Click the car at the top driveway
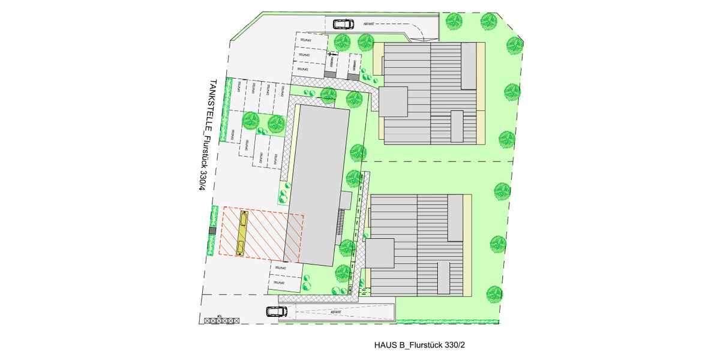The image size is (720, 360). click(344, 25)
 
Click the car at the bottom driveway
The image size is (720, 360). click(276, 312)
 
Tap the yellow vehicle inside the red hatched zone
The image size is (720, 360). click(242, 233)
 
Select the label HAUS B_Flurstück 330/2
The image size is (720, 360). click(421, 345)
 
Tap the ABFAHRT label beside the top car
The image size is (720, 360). click(370, 25)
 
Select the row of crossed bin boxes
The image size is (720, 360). click(221, 321)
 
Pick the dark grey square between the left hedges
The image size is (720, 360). click(212, 231)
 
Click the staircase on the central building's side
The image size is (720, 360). click(342, 223)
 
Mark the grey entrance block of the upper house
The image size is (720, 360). click(394, 100)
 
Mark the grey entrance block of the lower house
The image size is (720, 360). click(380, 253)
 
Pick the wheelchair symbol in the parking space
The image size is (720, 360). click(331, 56)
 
